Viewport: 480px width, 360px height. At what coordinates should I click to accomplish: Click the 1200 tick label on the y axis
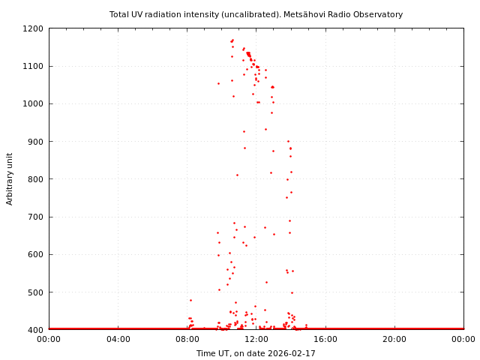pyautogui.click(x=33, y=28)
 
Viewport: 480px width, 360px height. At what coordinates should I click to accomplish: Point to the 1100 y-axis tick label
pyautogui.click(x=33, y=66)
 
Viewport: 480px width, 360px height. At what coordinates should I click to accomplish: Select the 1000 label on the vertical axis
pyautogui.click(x=33, y=103)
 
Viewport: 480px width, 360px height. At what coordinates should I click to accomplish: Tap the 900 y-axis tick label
pyautogui.click(x=35, y=142)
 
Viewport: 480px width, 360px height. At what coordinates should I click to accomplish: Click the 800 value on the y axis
pyautogui.click(x=35, y=179)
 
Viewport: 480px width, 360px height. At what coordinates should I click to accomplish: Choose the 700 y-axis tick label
pyautogui.click(x=35, y=217)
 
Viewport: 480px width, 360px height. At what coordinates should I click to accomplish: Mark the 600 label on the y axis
pyautogui.click(x=35, y=254)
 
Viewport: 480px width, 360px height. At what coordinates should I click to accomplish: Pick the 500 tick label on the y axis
pyautogui.click(x=35, y=292)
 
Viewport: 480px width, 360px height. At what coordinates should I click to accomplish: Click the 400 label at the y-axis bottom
pyautogui.click(x=35, y=330)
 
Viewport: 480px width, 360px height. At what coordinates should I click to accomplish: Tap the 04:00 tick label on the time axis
pyautogui.click(x=118, y=340)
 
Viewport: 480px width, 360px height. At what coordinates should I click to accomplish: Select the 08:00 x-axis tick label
pyautogui.click(x=187, y=340)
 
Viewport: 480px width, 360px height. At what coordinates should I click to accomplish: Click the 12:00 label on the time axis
pyautogui.click(x=256, y=340)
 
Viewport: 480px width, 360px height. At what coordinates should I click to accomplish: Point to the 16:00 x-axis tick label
pyautogui.click(x=325, y=340)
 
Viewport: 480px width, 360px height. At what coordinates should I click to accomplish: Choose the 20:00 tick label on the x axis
pyautogui.click(x=394, y=340)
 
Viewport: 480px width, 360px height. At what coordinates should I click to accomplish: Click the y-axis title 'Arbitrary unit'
pyautogui.click(x=10, y=178)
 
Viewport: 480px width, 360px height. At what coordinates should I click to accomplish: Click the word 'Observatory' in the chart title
pyautogui.click(x=379, y=14)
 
